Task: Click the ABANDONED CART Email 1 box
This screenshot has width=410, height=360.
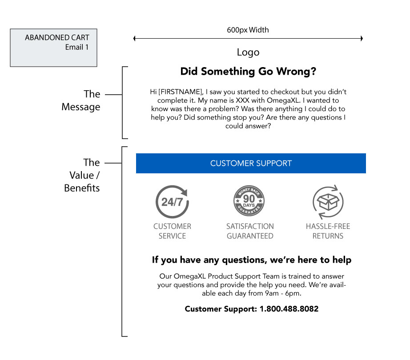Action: point(54,48)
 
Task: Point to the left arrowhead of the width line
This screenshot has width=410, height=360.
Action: point(134,39)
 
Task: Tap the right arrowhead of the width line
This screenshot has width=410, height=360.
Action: point(362,39)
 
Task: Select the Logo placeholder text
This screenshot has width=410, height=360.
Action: point(248,52)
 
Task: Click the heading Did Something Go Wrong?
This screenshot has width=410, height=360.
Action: point(248,71)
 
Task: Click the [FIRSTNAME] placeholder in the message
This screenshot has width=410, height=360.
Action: point(181,92)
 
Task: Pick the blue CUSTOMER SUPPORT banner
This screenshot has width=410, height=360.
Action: point(251,163)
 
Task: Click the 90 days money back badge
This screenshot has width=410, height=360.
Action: point(249,201)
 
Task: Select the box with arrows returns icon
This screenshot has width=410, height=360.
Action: point(328,202)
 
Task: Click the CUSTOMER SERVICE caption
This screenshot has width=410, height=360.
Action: point(172,231)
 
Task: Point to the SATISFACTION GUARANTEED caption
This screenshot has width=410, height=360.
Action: point(250,231)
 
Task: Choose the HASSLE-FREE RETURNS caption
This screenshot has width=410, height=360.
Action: point(328,231)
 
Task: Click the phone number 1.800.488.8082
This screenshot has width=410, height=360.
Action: point(289,309)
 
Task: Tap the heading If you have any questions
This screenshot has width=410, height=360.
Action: point(252,260)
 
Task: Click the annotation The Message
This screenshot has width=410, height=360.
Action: point(81,100)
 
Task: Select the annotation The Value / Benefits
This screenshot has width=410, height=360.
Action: point(82,175)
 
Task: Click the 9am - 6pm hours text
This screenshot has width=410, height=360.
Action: point(283,293)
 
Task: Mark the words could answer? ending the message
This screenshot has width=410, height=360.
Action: point(248,126)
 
